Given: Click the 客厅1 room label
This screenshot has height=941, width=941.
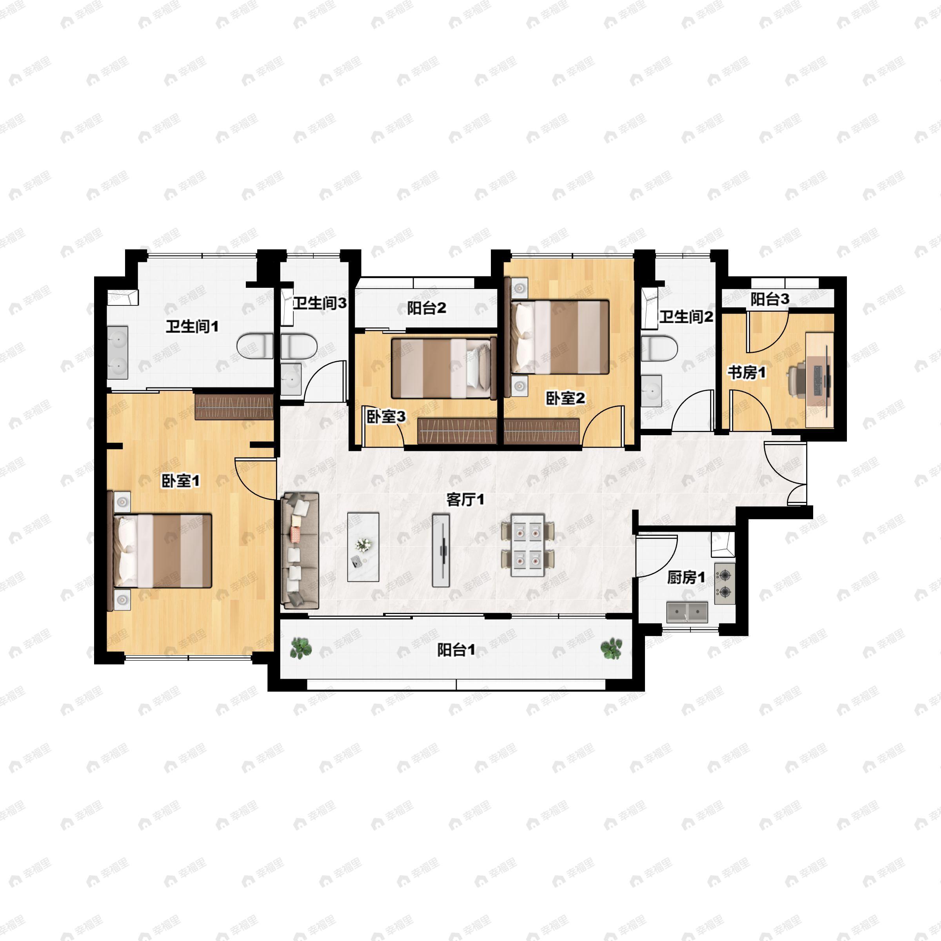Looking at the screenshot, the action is tap(465, 500).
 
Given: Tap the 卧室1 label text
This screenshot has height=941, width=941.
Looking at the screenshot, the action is tap(181, 481).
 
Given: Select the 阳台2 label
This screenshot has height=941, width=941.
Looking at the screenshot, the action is tap(427, 308).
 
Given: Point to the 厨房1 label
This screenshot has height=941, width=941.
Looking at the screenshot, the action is tap(686, 578).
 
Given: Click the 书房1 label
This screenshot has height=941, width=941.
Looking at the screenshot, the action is tap(747, 372).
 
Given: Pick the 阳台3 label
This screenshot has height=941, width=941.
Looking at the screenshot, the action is tap(770, 299).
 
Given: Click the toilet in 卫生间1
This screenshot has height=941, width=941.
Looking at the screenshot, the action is tap(255, 346).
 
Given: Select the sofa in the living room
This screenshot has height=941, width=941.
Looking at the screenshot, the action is tap(300, 550).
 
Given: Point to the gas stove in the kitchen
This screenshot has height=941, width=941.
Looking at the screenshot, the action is tap(725, 583).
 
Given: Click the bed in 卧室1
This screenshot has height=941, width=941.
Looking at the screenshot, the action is tap(161, 550).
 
